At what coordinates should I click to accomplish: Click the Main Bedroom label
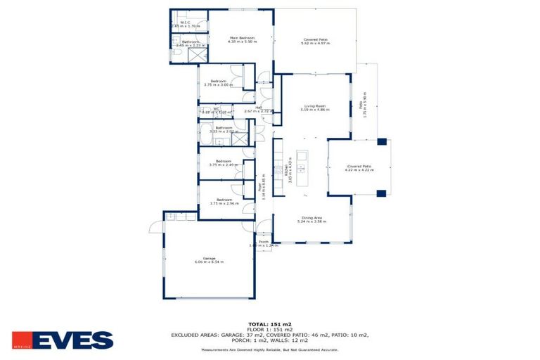coord(240,39)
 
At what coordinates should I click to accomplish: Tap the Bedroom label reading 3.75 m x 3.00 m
coord(223,83)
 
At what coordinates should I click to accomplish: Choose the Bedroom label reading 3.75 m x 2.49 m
coord(223,162)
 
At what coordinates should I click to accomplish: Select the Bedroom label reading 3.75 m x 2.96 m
coord(223,201)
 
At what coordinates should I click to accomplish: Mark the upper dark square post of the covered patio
coord(381,141)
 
